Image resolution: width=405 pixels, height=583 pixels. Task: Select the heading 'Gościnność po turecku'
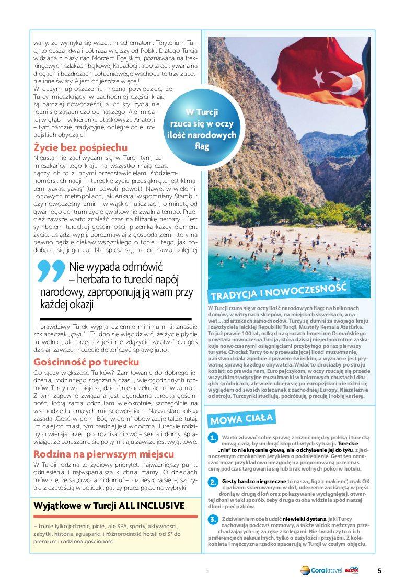click(x=86, y=362)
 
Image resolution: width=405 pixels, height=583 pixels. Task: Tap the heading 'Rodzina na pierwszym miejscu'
click(x=103, y=454)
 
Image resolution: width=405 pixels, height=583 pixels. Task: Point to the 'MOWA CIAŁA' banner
click(x=241, y=418)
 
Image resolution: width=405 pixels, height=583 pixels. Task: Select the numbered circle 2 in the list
click(x=213, y=482)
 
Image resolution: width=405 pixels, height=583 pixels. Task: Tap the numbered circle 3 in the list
click(x=213, y=519)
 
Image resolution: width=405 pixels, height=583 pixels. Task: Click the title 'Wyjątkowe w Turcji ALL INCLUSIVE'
click(x=109, y=506)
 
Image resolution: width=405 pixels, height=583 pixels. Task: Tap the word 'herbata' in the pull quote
click(x=96, y=280)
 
